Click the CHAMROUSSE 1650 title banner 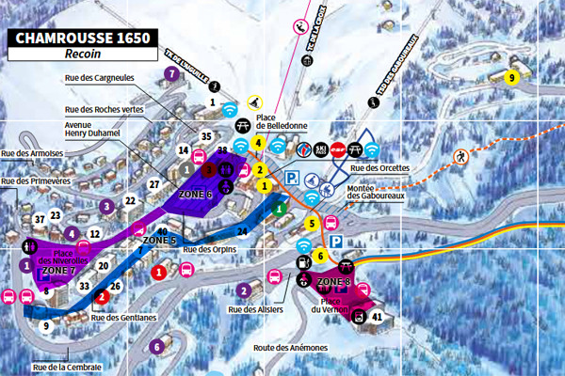[82, 39]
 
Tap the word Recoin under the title [82, 56]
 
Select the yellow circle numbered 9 [512, 77]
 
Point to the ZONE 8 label [334, 282]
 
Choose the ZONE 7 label [58, 271]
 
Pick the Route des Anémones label [290, 348]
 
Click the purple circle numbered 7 [171, 72]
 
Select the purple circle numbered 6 [156, 346]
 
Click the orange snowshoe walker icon [461, 156]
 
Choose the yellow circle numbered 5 [311, 223]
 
